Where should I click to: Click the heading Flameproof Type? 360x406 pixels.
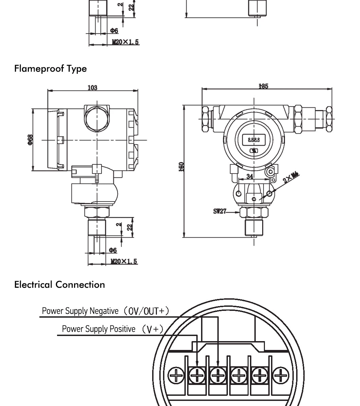coord(50,69)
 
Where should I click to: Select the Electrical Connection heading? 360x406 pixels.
coord(59,284)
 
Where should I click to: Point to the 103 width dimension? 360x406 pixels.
coord(92,88)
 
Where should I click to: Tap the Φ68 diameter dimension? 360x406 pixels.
coord(30,140)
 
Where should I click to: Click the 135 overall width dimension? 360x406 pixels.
coord(263,86)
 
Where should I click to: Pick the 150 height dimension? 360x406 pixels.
coord(182,167)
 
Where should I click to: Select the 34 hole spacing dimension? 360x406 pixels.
coord(250,176)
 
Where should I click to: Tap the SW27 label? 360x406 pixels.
coord(220,211)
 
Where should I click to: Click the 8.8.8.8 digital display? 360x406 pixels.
coord(254,140)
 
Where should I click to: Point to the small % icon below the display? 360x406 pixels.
coord(254,151)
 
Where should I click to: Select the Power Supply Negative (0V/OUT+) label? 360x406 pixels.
coord(105,311)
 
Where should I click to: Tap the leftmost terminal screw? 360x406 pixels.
coord(176,375)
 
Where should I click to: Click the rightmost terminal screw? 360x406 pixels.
coord(281,375)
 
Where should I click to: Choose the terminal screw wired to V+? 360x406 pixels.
coord(197,375)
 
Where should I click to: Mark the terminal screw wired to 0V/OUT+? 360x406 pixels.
coord(218,375)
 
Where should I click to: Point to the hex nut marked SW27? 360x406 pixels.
coord(254,212)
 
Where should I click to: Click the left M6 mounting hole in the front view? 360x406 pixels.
coord(239,193)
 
